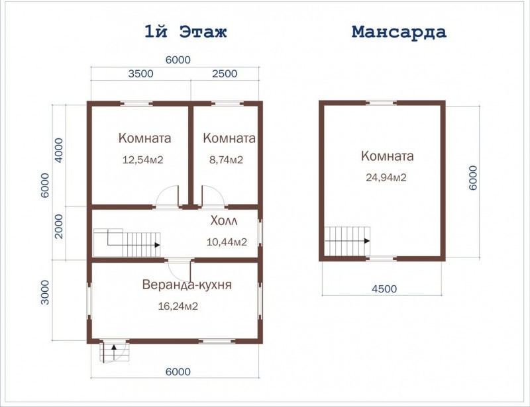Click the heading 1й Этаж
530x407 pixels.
(x=185, y=32)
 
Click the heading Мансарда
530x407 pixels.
(x=399, y=32)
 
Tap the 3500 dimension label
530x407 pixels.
(x=140, y=73)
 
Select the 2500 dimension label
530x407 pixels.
(x=225, y=73)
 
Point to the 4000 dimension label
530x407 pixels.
(x=59, y=150)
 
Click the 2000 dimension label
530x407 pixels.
(x=59, y=226)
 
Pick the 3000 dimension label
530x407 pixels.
(x=45, y=292)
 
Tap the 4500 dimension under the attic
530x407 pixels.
(x=384, y=289)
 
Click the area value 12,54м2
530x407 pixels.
(x=142, y=159)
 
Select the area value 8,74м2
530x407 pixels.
(x=226, y=159)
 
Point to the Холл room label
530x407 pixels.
(x=224, y=220)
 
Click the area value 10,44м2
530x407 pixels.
(x=227, y=242)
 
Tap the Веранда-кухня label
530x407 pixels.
(x=187, y=285)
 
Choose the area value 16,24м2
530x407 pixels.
(x=178, y=306)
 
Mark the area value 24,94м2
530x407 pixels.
(x=386, y=177)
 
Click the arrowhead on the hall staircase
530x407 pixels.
(x=157, y=245)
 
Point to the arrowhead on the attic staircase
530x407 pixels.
(x=367, y=241)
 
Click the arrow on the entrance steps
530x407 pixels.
(x=114, y=353)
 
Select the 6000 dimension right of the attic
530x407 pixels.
(x=473, y=177)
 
